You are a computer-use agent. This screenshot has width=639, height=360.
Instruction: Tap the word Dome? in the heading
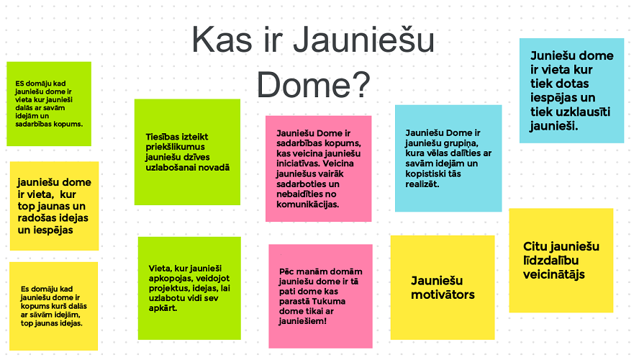click(313, 85)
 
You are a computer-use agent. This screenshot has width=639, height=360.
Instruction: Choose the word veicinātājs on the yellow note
click(554, 274)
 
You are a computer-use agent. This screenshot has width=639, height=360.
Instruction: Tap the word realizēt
click(422, 185)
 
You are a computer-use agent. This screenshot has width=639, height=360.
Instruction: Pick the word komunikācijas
click(302, 204)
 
